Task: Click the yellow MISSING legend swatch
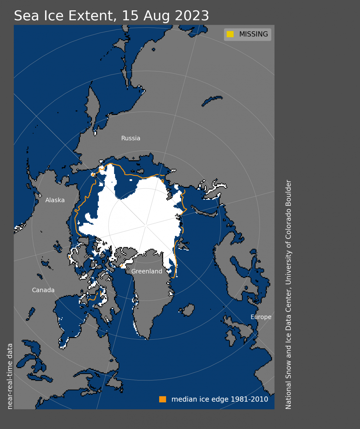[230, 34]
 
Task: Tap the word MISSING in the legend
[253, 34]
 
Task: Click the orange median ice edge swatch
[163, 399]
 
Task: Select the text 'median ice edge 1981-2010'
[220, 399]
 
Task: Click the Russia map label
[130, 138]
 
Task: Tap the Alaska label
[55, 200]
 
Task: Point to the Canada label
[43, 290]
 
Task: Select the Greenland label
[147, 271]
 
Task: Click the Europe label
[261, 317]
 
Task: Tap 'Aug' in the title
[156, 16]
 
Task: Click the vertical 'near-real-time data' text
[10, 376]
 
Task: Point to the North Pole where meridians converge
[146, 225]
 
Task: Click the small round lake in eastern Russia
[154, 50]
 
